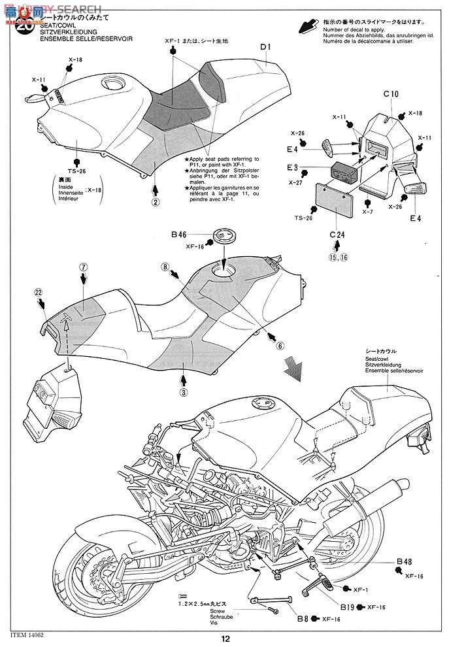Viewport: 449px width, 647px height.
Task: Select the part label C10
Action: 391,94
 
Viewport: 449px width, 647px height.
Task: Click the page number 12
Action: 224,640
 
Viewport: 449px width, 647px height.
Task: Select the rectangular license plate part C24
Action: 337,201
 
